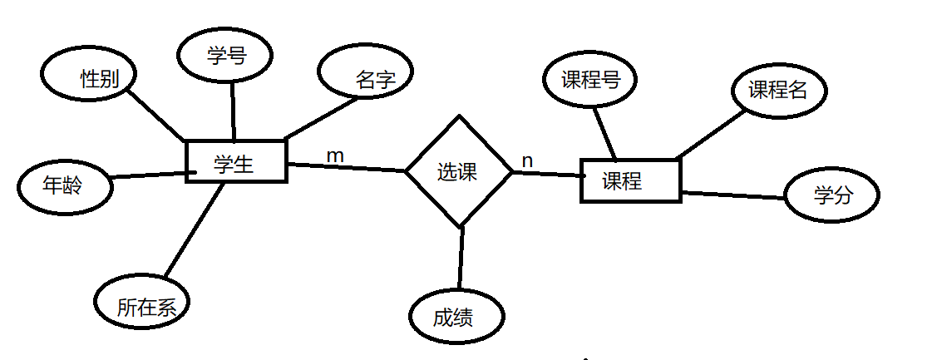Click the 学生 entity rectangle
(x=235, y=161)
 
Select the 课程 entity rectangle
(x=629, y=180)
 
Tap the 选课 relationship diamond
(x=458, y=172)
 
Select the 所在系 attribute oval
(x=142, y=304)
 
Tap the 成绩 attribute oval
(x=456, y=317)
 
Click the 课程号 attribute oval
(x=589, y=81)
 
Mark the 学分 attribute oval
(x=831, y=196)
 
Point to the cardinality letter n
(x=527, y=159)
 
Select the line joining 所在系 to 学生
(x=195, y=229)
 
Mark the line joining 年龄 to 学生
(x=148, y=175)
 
